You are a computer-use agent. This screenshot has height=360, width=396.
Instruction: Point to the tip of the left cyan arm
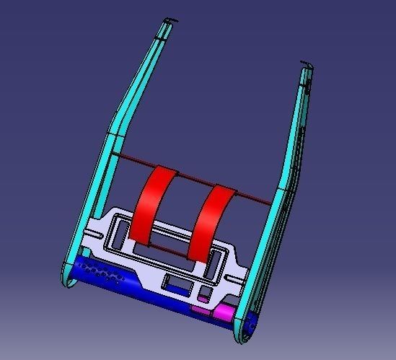click(x=167, y=19)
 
